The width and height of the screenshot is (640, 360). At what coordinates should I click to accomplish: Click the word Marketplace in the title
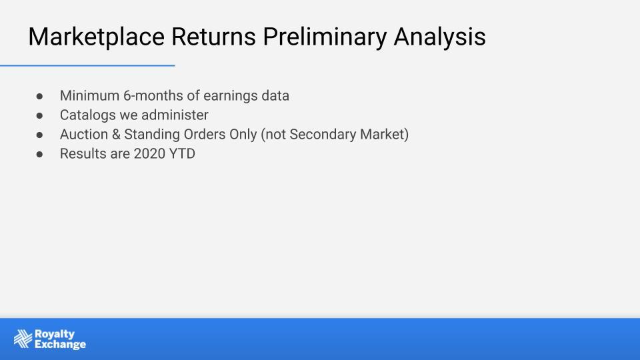click(x=96, y=37)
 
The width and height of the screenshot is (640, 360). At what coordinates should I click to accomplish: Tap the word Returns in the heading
click(x=213, y=37)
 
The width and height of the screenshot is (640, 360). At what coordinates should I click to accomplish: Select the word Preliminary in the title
click(x=325, y=37)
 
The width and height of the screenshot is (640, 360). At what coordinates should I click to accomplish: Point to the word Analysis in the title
click(x=439, y=37)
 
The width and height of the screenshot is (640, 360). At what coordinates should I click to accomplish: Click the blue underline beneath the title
click(x=87, y=65)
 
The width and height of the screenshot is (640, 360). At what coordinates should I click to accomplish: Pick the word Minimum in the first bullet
click(x=89, y=95)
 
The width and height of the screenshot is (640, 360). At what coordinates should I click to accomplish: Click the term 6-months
click(x=153, y=95)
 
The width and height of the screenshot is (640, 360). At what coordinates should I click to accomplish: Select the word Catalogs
click(x=88, y=115)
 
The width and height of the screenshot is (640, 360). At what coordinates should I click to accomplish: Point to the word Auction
click(x=84, y=134)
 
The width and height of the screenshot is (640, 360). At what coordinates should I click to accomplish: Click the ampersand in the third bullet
click(x=116, y=134)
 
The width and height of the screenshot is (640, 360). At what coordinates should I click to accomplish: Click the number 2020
click(x=149, y=154)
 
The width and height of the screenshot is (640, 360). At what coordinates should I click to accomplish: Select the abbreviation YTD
click(x=182, y=154)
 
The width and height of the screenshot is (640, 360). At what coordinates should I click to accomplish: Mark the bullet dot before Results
click(x=39, y=154)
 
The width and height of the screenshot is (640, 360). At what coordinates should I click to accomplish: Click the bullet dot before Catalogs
click(x=39, y=115)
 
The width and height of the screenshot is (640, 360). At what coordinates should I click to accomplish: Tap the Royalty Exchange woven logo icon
click(x=23, y=339)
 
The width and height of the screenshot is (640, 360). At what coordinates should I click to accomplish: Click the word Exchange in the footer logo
click(x=61, y=345)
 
